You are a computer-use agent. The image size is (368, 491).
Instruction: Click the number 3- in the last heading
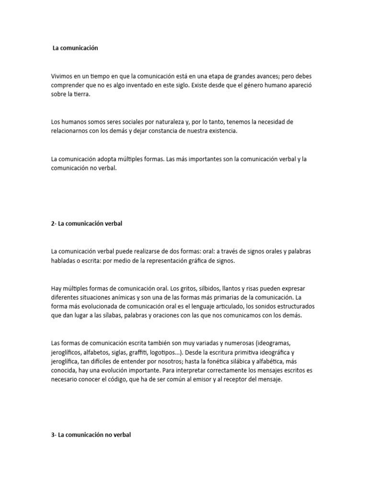[53, 434]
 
